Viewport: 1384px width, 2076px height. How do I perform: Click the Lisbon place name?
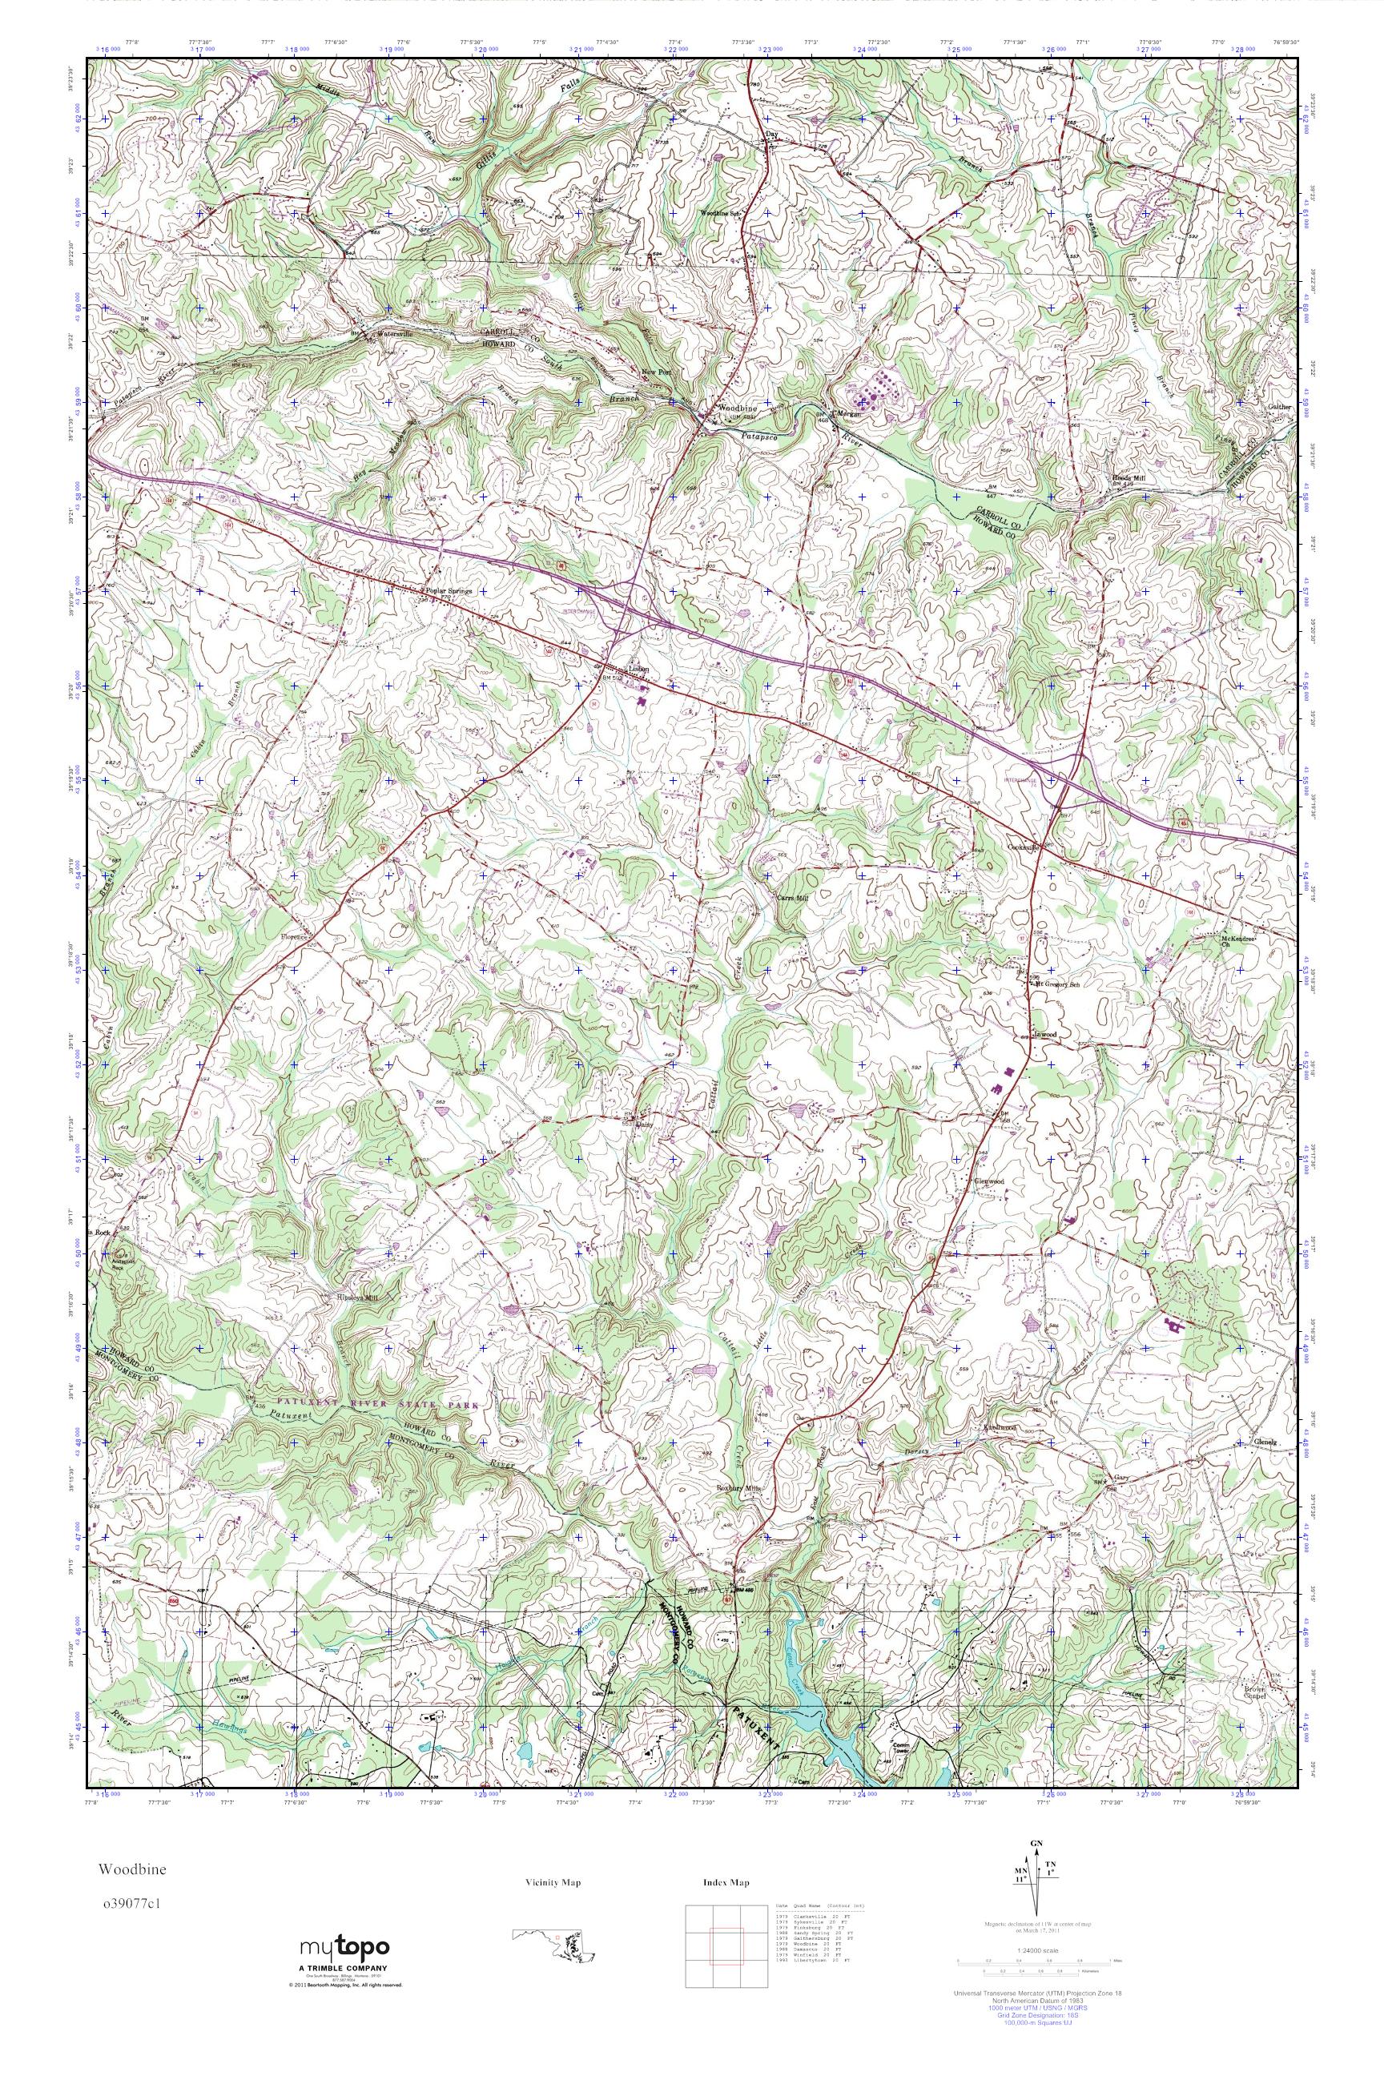tap(638, 669)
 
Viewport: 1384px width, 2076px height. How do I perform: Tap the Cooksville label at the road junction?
tap(1024, 845)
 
